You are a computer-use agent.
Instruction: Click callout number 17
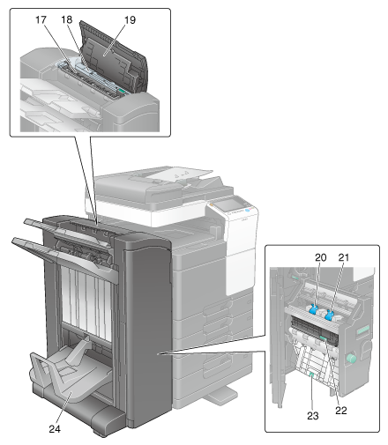[x=41, y=19]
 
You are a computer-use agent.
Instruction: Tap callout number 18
[x=67, y=19]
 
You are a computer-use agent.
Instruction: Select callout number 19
[x=130, y=20]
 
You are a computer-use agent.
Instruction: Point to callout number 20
[x=321, y=257]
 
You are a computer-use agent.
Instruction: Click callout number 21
[x=344, y=257]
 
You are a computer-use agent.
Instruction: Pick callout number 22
[x=341, y=411]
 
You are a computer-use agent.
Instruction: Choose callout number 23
[x=313, y=416]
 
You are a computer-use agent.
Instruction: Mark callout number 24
[x=55, y=429]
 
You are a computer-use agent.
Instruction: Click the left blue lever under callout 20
[x=313, y=310]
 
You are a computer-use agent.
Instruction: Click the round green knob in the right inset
[x=351, y=359]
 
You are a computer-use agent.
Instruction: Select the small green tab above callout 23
[x=311, y=374]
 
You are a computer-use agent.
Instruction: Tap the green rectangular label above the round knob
[x=363, y=330]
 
